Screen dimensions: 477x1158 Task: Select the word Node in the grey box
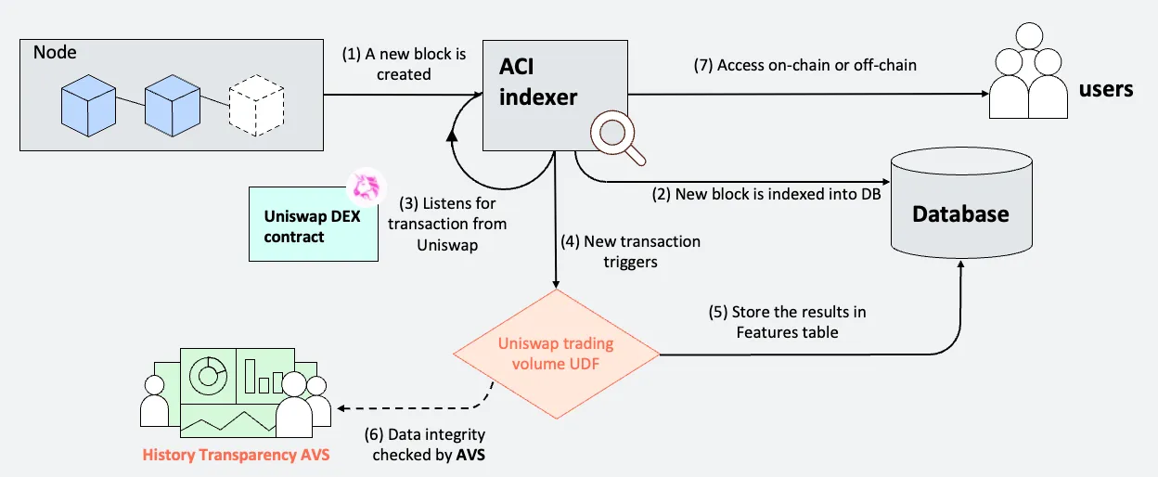(55, 52)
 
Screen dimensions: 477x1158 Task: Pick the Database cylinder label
(960, 214)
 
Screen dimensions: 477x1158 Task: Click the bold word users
(1106, 89)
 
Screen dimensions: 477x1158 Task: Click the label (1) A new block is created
(403, 63)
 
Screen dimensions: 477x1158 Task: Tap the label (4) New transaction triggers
(630, 251)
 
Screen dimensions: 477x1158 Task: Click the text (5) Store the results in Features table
(785, 321)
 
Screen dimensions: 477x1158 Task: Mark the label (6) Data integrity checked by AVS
(428, 445)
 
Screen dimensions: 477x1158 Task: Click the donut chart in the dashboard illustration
(208, 374)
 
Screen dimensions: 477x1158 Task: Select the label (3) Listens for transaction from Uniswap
(447, 224)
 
